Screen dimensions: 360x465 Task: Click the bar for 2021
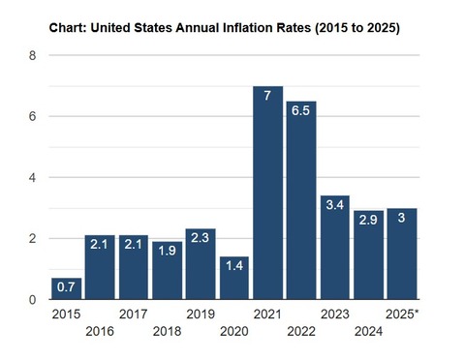(267, 194)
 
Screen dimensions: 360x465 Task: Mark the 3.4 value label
(334, 207)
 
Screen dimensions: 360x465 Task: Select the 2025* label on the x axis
(401, 315)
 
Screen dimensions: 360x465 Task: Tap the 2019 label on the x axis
(201, 315)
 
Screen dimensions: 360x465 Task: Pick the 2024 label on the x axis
(368, 333)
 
